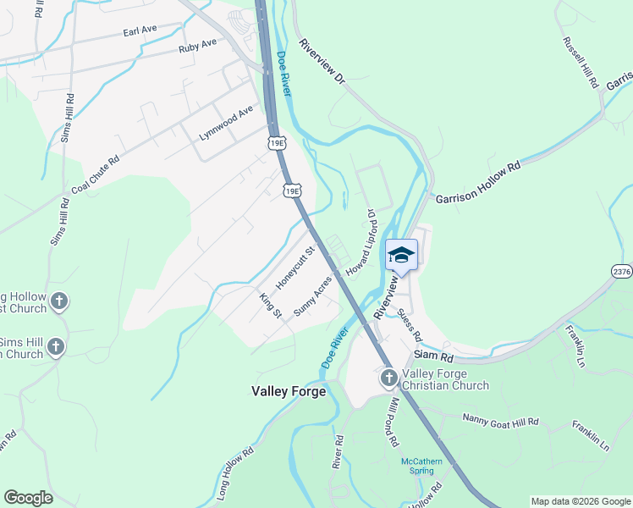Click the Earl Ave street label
coord(140,30)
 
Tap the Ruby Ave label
coord(198,47)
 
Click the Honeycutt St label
coord(298,266)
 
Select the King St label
coord(271,303)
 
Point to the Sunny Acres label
coord(312,295)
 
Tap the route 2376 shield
coord(622,271)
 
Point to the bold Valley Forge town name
coord(289,391)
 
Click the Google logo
coord(28,498)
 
